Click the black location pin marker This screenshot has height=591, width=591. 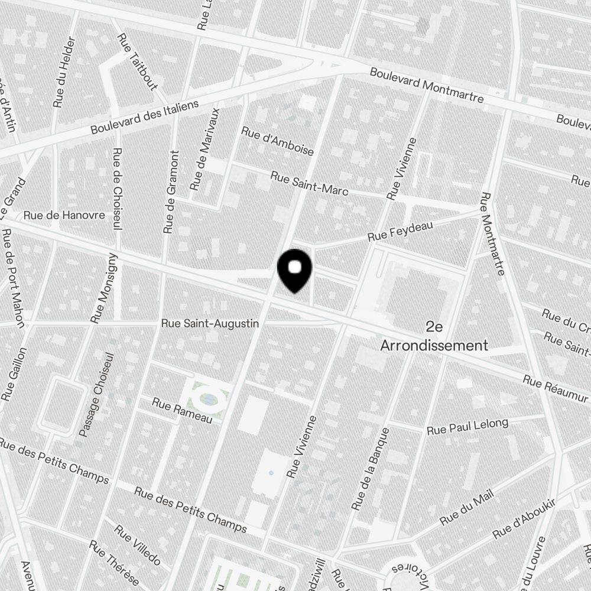point(294,269)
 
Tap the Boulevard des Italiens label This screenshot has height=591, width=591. point(145,117)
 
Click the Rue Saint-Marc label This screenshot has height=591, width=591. point(309,183)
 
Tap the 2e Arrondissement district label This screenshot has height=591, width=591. point(434,337)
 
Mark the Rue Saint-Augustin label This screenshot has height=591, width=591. point(210,324)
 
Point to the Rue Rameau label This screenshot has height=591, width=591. point(181,410)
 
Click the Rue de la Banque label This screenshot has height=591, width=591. point(371,469)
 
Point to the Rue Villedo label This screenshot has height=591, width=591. point(137,544)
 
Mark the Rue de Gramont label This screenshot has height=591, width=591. point(171,191)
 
